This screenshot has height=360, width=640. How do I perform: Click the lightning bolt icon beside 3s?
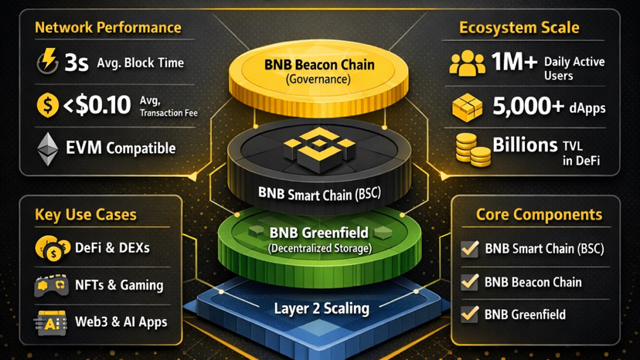coord(48,62)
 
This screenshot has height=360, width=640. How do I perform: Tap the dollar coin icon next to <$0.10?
coord(48,105)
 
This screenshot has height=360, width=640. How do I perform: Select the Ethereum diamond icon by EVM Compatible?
coord(48,148)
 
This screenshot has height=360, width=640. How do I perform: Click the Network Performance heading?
coord(107,28)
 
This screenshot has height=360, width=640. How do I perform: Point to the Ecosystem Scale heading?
coord(519,28)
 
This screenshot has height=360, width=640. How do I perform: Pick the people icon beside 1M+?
coord(467,64)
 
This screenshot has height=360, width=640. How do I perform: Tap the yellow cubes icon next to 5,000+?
coord(467,107)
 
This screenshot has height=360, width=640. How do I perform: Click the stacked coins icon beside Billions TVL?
coord(471,149)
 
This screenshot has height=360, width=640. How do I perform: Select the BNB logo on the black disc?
coord(320,147)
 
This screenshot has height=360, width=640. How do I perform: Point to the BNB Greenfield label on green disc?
coord(319,233)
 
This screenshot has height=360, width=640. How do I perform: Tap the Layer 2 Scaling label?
coord(322,308)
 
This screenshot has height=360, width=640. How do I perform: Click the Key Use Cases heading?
coord(86,215)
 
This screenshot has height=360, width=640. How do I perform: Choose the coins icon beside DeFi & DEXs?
coord(52,249)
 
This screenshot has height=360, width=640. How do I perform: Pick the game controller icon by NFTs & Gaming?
coord(52,285)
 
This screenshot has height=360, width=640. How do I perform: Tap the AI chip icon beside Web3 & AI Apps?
coord(52,321)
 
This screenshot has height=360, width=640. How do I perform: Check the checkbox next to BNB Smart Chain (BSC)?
coord(469,249)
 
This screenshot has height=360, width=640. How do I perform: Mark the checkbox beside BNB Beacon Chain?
coord(469,282)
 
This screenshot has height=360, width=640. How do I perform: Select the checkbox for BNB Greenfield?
coord(469,314)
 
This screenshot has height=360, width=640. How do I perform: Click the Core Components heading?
coord(538,215)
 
